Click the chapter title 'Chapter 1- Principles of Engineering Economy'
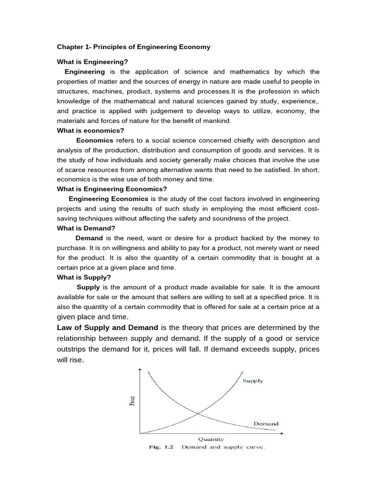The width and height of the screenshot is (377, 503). pyautogui.click(x=134, y=47)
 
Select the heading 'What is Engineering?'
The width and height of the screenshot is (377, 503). pyautogui.click(x=92, y=62)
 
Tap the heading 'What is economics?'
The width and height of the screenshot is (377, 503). pyautogui.click(x=91, y=131)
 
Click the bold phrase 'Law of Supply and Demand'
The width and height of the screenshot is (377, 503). pyautogui.click(x=108, y=328)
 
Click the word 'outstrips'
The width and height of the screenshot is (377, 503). pyautogui.click(x=75, y=349)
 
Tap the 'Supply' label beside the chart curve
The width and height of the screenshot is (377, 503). pyautogui.click(x=253, y=381)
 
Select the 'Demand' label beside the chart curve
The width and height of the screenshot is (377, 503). pyautogui.click(x=266, y=423)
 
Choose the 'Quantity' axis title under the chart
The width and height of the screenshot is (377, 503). pyautogui.click(x=211, y=439)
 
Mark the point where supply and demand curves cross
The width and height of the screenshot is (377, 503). pyautogui.click(x=198, y=414)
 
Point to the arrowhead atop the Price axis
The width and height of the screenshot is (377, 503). pyautogui.click(x=141, y=370)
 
